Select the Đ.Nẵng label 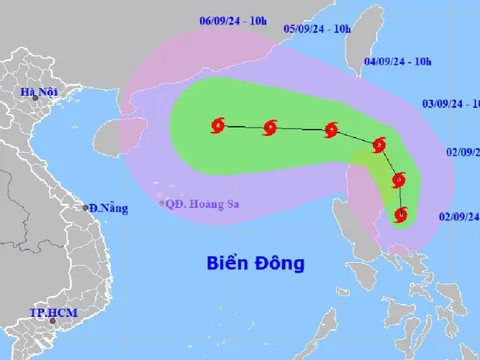[108, 208]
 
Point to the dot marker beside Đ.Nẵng [85, 208]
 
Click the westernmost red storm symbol [219, 125]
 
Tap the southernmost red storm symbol [402, 213]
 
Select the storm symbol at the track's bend [379, 145]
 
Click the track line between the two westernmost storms [244, 126]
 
